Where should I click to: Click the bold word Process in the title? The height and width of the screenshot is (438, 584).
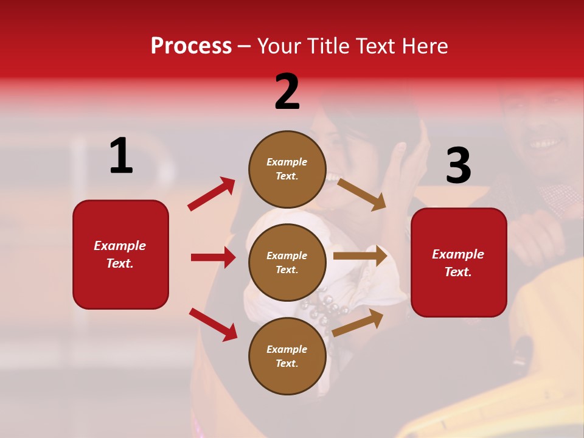pos(191,46)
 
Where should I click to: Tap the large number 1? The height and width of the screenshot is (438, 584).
pos(121,156)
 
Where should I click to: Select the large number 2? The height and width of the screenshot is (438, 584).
pos(287,92)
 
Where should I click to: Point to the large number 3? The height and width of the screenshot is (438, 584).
pos(458,165)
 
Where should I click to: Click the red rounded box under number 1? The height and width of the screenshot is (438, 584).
pos(120,254)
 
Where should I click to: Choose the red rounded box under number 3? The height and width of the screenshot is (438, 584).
pos(459,262)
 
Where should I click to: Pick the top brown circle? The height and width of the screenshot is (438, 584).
pos(287,169)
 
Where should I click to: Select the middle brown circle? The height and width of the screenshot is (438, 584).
pos(287,262)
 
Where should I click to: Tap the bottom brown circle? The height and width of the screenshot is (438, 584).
pos(287,356)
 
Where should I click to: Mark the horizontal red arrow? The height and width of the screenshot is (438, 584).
pos(213,257)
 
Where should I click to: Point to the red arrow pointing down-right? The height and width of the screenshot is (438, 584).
pos(213,324)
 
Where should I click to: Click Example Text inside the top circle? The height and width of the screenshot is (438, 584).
pos(287,169)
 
